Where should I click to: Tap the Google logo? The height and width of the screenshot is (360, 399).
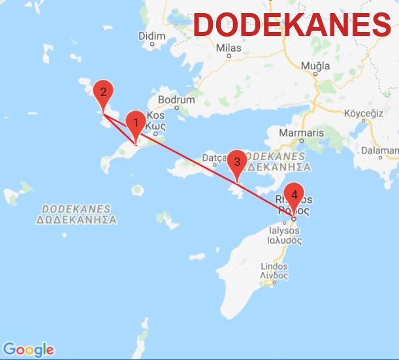(x=28, y=350)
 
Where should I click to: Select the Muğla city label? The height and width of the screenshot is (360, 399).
(x=315, y=67)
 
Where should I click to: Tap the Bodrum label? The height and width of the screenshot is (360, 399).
(x=176, y=100)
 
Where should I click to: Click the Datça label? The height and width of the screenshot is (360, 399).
(x=215, y=157)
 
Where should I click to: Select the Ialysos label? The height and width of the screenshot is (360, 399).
(x=285, y=231)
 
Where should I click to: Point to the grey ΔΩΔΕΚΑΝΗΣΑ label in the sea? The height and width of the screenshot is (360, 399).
(x=76, y=220)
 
